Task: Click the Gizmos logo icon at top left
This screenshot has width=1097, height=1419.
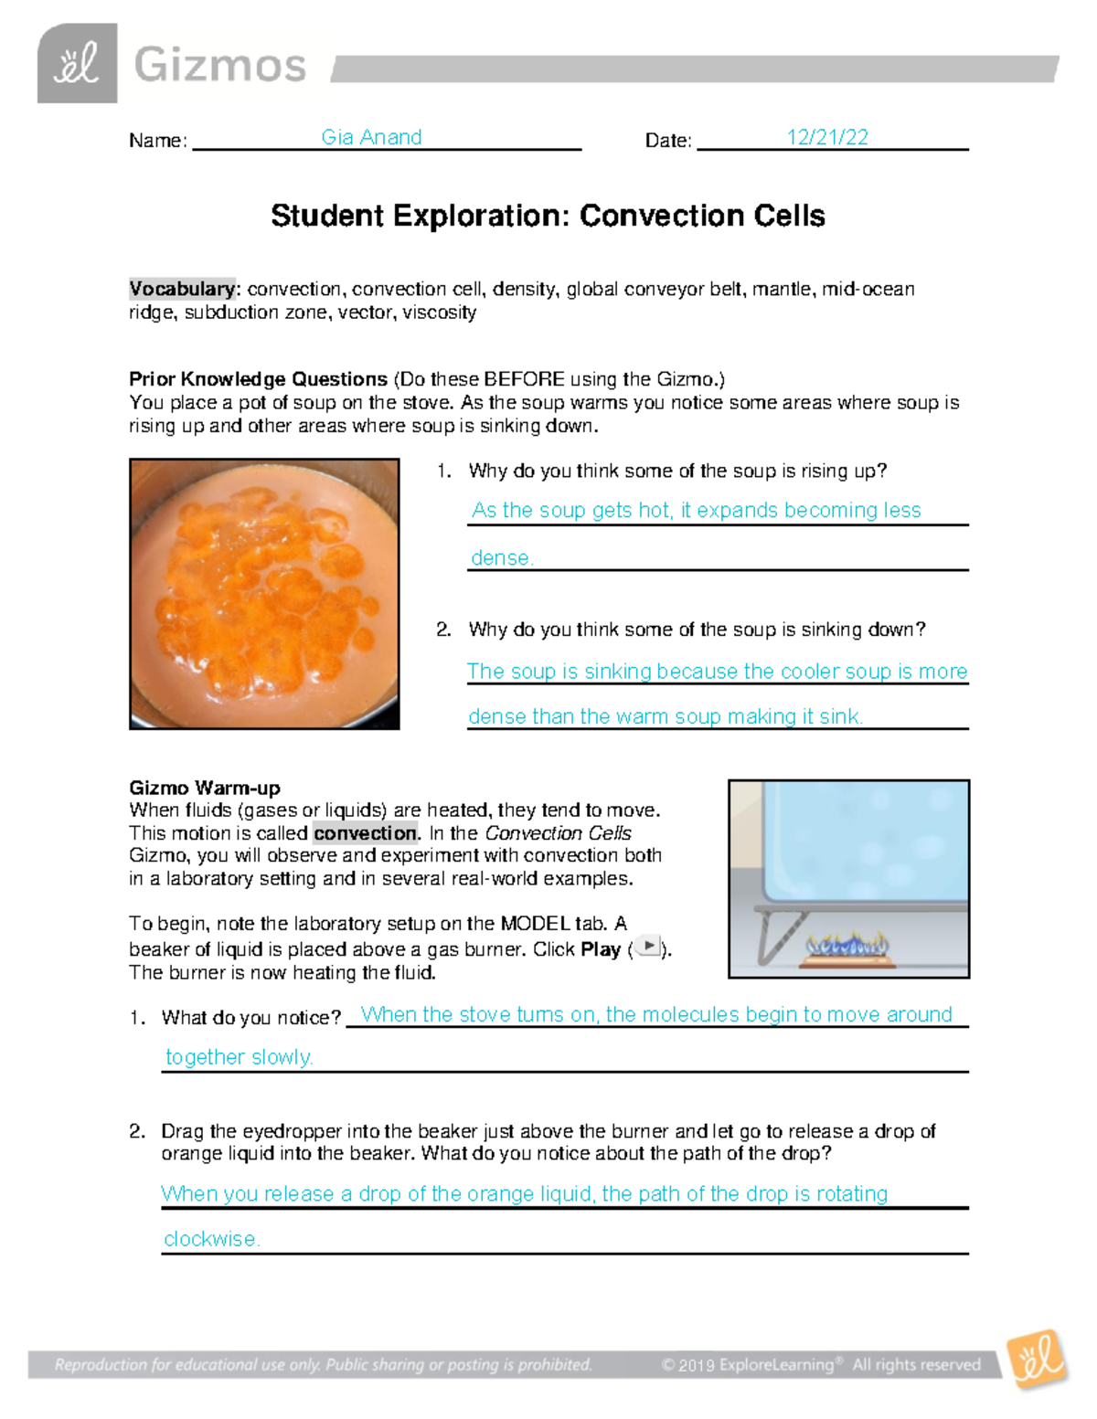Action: coord(77,63)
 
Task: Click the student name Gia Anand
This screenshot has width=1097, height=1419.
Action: coord(371,137)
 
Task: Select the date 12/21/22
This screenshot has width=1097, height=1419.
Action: coord(827,137)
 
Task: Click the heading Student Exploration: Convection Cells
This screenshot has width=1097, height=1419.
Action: coord(548,216)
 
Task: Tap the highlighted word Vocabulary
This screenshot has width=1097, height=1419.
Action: coord(182,289)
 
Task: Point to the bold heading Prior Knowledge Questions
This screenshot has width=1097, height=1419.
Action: coord(258,379)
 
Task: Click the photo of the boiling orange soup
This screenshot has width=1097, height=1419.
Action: coord(264,594)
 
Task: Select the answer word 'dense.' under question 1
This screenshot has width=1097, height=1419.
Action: coord(502,557)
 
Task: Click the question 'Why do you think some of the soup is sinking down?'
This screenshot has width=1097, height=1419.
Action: coord(697,630)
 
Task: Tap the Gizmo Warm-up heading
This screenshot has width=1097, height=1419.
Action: coord(205,788)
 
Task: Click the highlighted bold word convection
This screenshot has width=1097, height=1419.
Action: coord(365,833)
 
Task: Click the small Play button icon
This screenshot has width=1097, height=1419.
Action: coord(648,947)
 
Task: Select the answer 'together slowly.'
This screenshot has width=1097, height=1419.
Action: coord(240,1057)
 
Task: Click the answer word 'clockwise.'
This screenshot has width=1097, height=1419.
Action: coord(212,1239)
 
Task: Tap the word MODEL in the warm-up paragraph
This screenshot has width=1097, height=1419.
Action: coord(536,924)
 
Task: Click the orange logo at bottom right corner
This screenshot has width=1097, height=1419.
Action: coord(1037,1360)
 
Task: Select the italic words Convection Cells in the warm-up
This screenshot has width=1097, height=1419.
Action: coord(558,833)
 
